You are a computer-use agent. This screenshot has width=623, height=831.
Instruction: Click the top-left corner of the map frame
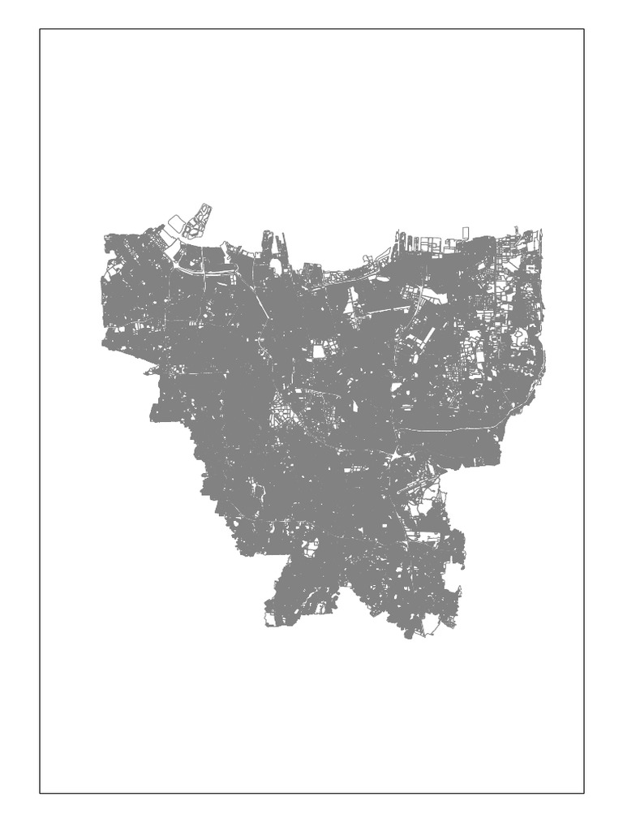tap(40, 30)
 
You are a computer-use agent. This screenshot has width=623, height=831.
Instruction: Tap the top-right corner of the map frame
tap(584, 30)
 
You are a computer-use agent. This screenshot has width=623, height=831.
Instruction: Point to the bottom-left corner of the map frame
tap(40, 793)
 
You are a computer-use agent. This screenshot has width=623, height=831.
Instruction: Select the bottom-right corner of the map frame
tap(584, 793)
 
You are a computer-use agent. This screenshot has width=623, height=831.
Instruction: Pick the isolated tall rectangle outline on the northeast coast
tap(466, 233)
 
